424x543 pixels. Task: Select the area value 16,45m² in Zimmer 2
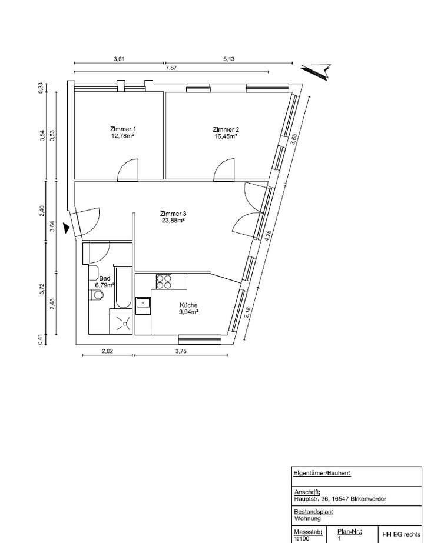[x=226, y=136]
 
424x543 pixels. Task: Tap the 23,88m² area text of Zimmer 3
[x=173, y=221]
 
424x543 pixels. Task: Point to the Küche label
[x=189, y=305]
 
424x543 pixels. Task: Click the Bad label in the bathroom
[x=105, y=278]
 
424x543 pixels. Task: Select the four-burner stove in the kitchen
[x=164, y=282]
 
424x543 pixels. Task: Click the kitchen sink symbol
[x=142, y=303]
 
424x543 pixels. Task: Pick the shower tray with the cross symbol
[x=122, y=322]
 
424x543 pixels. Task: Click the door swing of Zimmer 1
[x=128, y=170]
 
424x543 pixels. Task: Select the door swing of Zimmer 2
[x=225, y=170]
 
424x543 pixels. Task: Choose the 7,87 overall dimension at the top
[x=171, y=68]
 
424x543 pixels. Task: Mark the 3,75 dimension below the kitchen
[x=181, y=352]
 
